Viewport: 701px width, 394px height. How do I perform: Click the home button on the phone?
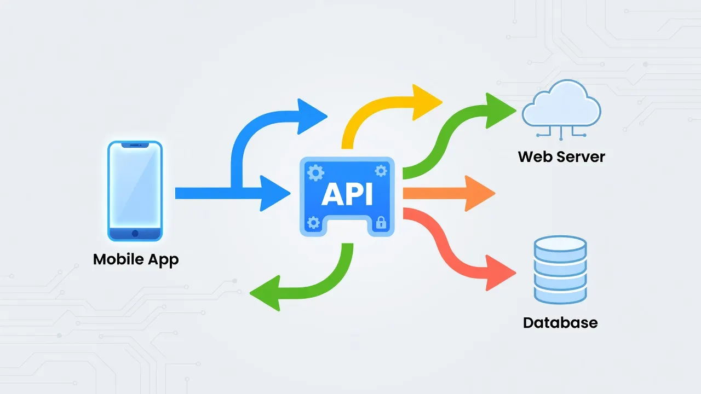tap(135, 233)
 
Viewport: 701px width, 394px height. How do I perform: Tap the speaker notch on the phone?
tap(135, 145)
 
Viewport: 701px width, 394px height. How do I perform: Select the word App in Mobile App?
tap(163, 260)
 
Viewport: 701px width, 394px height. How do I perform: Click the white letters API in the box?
tap(347, 194)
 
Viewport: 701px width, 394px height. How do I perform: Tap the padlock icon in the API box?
tap(381, 222)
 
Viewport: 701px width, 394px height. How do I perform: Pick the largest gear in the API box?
tap(315, 172)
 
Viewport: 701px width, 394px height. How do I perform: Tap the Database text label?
tap(560, 323)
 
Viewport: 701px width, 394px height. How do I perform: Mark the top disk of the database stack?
tap(560, 245)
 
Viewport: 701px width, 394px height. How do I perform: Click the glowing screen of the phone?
tap(135, 186)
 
